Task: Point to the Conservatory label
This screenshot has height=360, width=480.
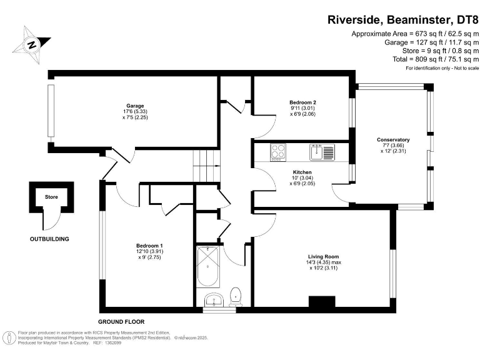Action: (393, 139)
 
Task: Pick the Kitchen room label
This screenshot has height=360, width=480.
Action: (302, 172)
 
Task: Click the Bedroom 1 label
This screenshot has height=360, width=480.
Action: (149, 246)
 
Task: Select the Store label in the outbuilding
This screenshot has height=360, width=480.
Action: (51, 197)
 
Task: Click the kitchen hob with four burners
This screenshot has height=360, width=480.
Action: (277, 152)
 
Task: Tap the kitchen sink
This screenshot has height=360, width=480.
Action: (322, 152)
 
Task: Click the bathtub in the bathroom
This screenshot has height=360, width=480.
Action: (207, 265)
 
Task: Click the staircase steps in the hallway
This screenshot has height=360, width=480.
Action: (204, 167)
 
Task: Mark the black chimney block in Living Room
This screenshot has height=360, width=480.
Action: (322, 302)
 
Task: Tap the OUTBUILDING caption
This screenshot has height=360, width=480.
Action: (49, 239)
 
